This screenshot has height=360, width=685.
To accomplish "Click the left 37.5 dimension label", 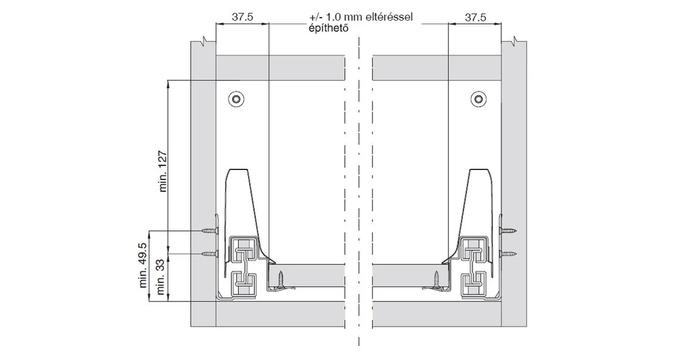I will (242, 18).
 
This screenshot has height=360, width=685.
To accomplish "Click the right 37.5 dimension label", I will (475, 18).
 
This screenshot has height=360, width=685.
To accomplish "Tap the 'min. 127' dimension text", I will (164, 171).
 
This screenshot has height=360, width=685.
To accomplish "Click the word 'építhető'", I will (326, 28).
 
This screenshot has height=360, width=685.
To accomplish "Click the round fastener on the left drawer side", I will (236, 99).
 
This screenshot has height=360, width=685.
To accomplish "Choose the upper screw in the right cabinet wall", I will (508, 230).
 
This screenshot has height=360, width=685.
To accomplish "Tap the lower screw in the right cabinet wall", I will (508, 254).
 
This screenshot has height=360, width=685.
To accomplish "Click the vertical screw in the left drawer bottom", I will (281, 279).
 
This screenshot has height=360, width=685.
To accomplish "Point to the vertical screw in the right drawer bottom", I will (438, 279).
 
